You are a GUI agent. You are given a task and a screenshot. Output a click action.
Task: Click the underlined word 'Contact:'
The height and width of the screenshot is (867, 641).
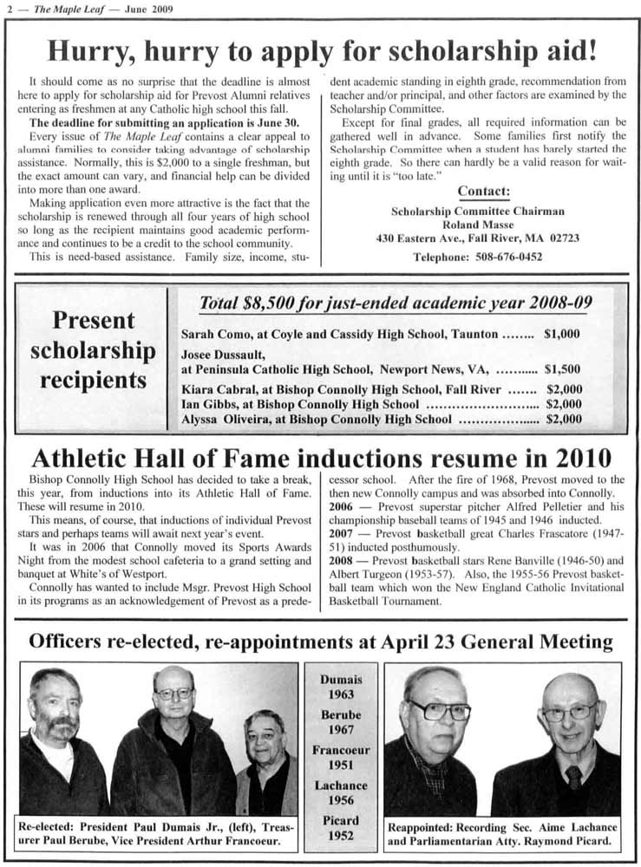coord(483,191)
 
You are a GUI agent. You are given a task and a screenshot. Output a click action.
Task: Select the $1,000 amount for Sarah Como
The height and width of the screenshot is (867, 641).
coord(562,334)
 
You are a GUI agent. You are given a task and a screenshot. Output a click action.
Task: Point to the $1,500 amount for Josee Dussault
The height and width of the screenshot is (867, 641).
coord(562,368)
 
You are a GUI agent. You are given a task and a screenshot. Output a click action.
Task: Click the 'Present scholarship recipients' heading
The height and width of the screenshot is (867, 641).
coord(94,350)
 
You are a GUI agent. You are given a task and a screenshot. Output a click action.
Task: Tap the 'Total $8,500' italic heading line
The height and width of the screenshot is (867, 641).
coord(396,303)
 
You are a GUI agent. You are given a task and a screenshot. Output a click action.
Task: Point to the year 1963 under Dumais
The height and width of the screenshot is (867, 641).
coord(341,694)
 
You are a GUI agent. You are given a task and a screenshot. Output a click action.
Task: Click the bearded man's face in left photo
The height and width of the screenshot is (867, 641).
coord(55,709)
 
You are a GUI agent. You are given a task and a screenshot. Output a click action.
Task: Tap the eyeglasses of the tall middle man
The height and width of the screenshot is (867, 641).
coord(174,693)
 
